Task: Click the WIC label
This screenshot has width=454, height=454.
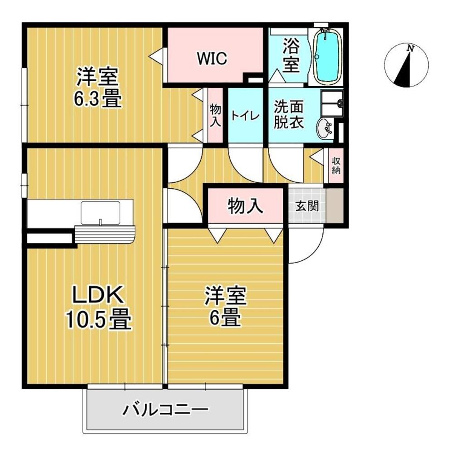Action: click(212, 59)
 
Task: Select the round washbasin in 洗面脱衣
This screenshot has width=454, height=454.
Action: click(325, 129)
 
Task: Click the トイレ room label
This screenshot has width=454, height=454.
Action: click(245, 116)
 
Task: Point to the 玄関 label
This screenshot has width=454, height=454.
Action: click(307, 206)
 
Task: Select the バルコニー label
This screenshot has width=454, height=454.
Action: click(166, 411)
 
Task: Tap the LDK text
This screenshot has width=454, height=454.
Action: click(99, 296)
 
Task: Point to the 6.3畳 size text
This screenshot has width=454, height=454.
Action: click(99, 98)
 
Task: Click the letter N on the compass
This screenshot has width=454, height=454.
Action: click(410, 48)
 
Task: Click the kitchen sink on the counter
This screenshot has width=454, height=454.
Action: click(100, 212)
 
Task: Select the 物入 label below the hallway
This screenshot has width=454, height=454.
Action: click(245, 207)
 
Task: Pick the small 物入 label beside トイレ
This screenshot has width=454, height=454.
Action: click(215, 116)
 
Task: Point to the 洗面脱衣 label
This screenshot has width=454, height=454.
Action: click(289, 115)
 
